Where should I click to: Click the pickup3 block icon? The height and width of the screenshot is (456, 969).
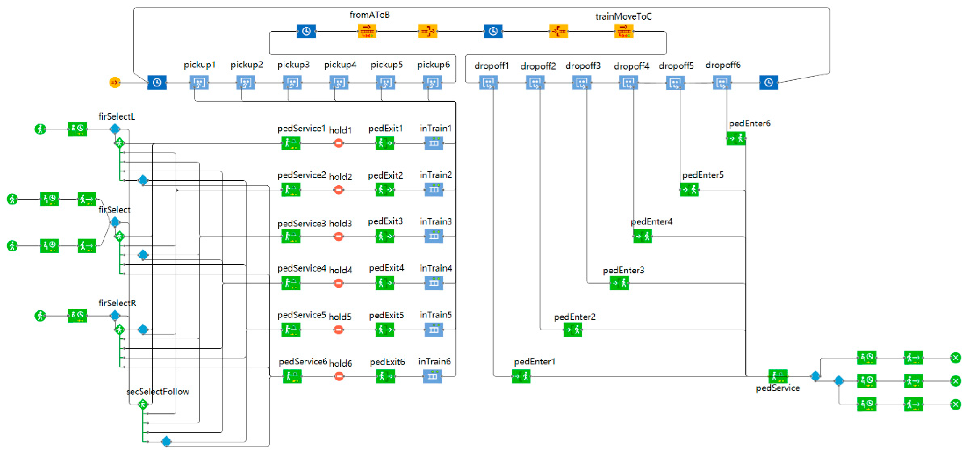point(292,82)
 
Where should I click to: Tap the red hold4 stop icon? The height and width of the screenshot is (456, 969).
point(339,283)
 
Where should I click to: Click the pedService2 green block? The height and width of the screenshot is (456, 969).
point(291,190)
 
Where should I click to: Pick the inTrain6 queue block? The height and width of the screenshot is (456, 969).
point(433,376)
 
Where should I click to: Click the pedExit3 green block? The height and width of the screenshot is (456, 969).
point(384,236)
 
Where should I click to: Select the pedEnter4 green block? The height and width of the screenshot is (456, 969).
point(643,237)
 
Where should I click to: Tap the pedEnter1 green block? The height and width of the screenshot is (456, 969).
point(521,376)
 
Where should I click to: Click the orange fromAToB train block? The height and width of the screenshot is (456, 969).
point(366,31)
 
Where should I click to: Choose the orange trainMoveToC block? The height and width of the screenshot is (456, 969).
point(624,31)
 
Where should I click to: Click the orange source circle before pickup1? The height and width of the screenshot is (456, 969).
point(115,82)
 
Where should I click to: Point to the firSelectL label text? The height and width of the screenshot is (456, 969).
point(117,116)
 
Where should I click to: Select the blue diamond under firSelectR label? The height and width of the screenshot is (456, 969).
point(115,315)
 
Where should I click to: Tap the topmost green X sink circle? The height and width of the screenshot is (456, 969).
point(955,357)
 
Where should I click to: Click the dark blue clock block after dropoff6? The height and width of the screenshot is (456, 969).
point(769,82)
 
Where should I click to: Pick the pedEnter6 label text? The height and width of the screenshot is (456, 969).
point(749,123)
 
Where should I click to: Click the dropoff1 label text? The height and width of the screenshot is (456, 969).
point(491,66)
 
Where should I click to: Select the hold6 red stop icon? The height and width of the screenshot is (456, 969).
point(339,376)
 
